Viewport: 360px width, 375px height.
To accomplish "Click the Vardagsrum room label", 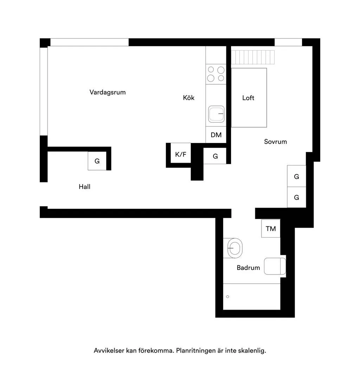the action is (x=107, y=92).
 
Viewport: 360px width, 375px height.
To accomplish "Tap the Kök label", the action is (x=189, y=98).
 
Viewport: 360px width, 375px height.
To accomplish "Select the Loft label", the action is (x=248, y=98).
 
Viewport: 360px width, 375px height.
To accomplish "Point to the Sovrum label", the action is (x=275, y=142).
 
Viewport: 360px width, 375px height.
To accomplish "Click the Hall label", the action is (x=84, y=187).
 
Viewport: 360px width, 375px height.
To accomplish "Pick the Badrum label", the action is (x=248, y=267).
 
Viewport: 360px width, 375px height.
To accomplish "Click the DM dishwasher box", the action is (x=216, y=135).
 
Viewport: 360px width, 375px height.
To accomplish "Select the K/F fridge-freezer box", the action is (x=181, y=153).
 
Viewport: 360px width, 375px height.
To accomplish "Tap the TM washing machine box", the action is (x=271, y=228).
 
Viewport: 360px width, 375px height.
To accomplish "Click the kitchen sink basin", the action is (x=216, y=114).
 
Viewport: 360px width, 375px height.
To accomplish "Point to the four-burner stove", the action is (x=216, y=74).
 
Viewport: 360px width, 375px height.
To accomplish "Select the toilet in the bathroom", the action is (x=275, y=266).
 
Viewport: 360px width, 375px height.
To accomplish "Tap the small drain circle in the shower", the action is (x=227, y=297).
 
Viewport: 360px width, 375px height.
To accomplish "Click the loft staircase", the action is (x=253, y=57).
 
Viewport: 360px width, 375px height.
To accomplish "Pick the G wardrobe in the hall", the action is (x=97, y=161).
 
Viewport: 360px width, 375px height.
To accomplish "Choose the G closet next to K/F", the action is (x=215, y=156).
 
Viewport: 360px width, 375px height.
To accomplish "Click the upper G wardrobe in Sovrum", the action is (x=297, y=176).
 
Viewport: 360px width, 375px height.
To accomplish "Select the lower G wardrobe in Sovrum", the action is (x=297, y=197).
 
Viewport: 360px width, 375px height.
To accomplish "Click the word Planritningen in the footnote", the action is (x=196, y=351).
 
